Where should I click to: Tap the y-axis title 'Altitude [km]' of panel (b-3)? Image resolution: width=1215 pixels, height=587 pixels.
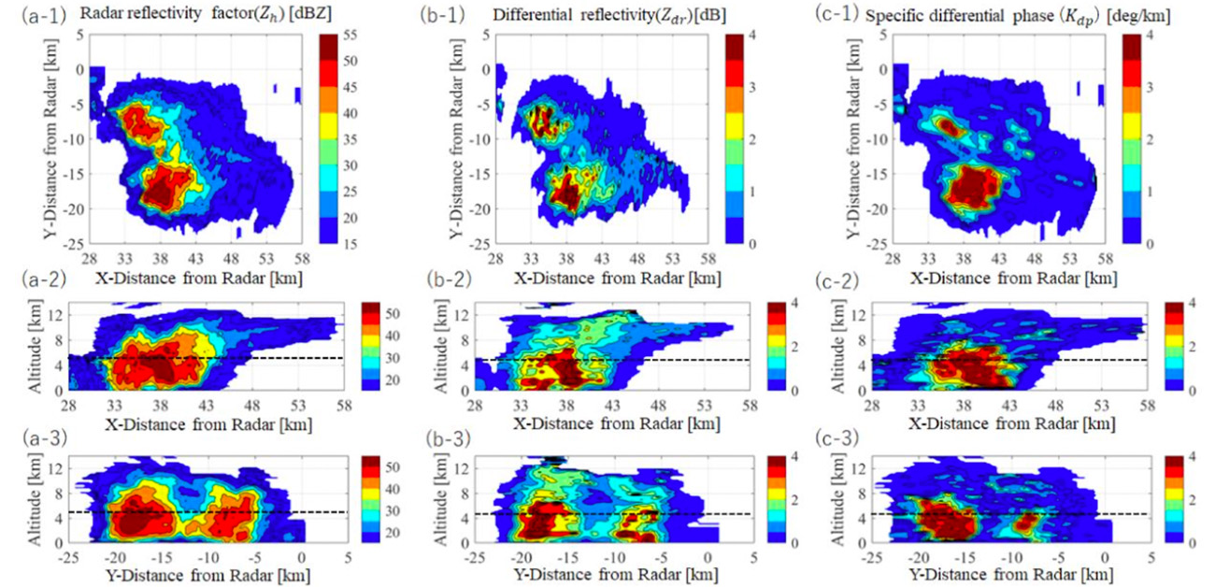point(435,500)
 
